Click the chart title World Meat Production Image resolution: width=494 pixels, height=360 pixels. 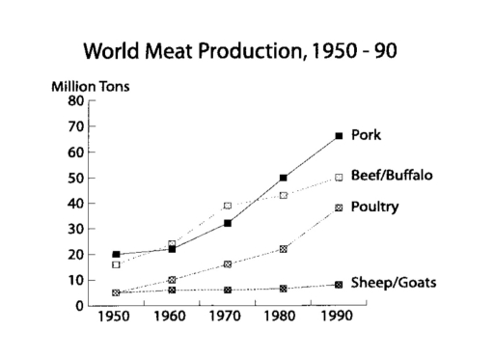coord(240,49)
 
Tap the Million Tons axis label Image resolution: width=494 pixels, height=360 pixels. coord(92,86)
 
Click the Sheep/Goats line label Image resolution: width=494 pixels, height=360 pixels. coord(392,283)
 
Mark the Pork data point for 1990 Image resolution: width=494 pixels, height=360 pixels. coord(339,136)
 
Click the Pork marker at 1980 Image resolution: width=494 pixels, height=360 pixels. coord(284,178)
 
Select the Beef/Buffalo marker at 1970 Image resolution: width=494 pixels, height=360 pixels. coord(228,206)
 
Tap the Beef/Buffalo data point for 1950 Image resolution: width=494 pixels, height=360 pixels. coord(116,264)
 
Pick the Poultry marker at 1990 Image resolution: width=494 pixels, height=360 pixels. coord(339,208)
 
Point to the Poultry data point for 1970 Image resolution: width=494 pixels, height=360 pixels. coord(228,264)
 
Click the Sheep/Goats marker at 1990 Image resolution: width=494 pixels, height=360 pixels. coord(339,285)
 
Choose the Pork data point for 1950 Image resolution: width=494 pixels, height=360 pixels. coord(116,255)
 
